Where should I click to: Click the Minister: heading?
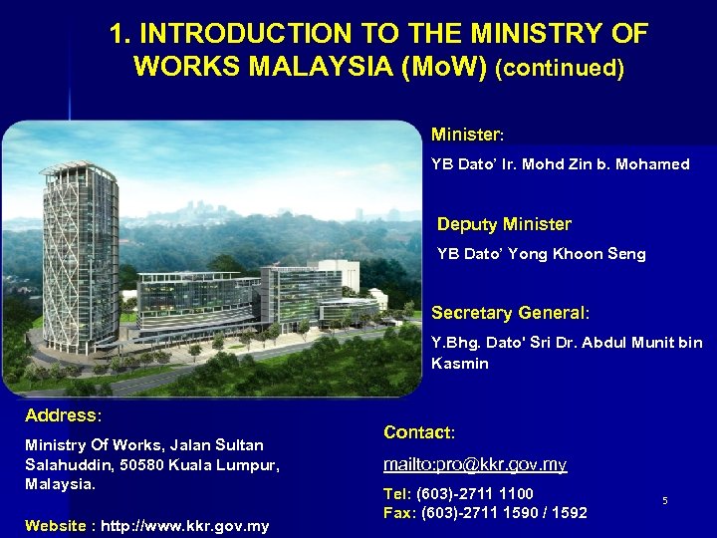[x=468, y=134]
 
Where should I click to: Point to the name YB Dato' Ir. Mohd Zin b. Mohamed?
[x=560, y=164]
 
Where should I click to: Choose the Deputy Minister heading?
[x=504, y=224]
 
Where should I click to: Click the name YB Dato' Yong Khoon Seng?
[x=542, y=254]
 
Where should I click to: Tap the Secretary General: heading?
[x=510, y=313]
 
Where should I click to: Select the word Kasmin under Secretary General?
[x=460, y=364]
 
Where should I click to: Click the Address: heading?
[x=64, y=414]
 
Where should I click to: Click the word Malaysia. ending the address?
[x=61, y=484]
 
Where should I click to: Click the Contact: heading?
[x=419, y=432]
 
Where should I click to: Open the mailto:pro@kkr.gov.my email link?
[x=476, y=464]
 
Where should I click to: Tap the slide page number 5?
[x=664, y=500]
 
